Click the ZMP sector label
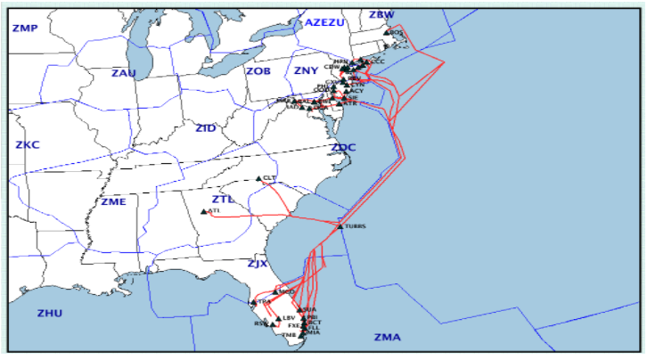tap(25, 29)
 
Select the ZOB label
tap(258, 70)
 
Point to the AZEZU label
tap(323, 22)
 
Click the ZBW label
tap(381, 15)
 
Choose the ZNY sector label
tap(306, 70)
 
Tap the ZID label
tap(206, 129)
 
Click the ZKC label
tap(29, 144)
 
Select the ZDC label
tap(343, 147)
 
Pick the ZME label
tap(113, 201)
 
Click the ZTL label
tap(223, 200)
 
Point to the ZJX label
tap(257, 264)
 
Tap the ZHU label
tap(50, 313)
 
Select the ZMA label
tap(388, 337)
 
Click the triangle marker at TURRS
tap(340, 226)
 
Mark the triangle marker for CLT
tap(258, 178)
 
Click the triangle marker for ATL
tap(204, 211)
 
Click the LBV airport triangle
tap(278, 318)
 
